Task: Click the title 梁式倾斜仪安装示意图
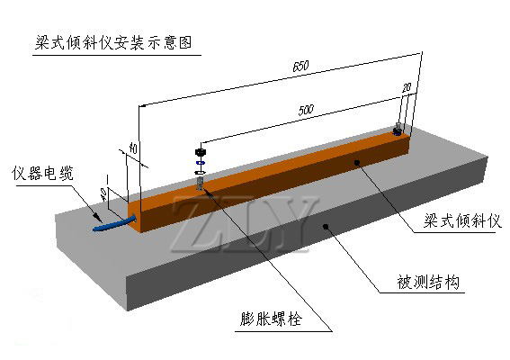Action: click(x=113, y=42)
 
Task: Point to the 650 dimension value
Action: click(x=300, y=66)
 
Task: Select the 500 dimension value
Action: click(x=306, y=110)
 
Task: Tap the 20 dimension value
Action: click(x=407, y=87)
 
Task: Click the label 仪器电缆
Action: click(x=42, y=173)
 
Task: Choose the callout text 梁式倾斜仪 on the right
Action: click(x=462, y=220)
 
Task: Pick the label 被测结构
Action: click(x=428, y=282)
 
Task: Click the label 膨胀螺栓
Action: click(x=272, y=319)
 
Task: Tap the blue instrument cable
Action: click(x=114, y=223)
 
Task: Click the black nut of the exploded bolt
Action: click(x=201, y=152)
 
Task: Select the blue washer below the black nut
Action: click(x=200, y=162)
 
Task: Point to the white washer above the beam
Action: click(x=200, y=172)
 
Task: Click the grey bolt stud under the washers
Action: click(x=200, y=184)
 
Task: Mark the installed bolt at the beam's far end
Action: click(x=398, y=130)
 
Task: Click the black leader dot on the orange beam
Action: click(x=357, y=162)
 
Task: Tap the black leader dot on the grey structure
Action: click(x=326, y=226)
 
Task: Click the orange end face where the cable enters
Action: click(x=135, y=216)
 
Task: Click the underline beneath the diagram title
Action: click(x=117, y=55)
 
